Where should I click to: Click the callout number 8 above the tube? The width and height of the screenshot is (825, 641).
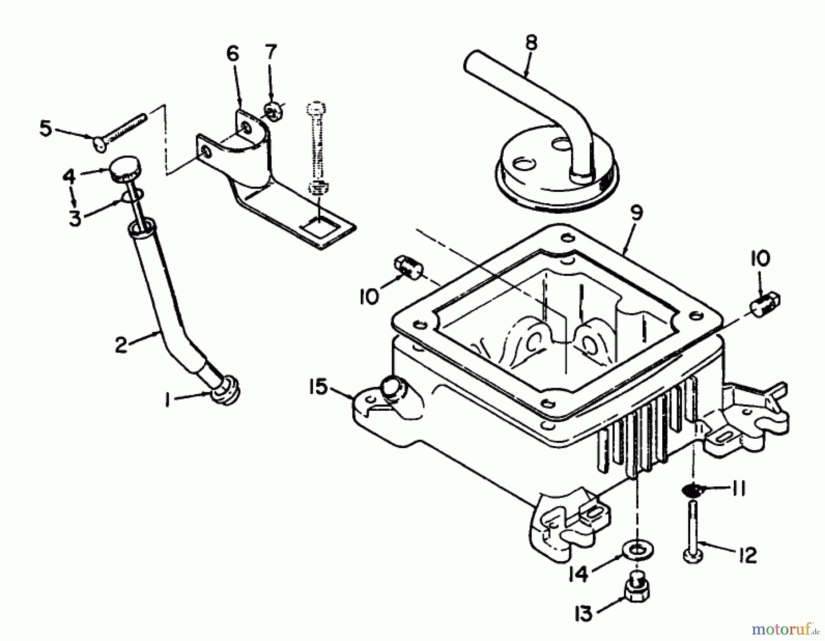tap(530, 43)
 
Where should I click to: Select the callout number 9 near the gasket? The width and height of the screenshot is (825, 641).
tap(637, 213)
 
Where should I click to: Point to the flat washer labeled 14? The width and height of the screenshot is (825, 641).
tap(638, 549)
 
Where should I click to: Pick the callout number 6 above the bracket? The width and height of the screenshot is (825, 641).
tap(233, 54)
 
